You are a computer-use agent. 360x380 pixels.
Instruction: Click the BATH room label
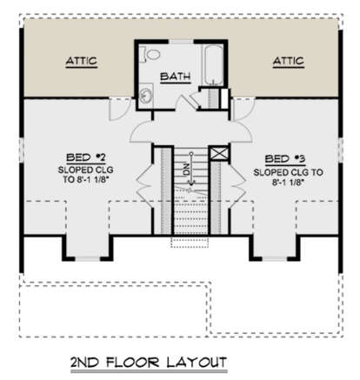[176, 77]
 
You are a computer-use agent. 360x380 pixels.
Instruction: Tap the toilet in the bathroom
[150, 54]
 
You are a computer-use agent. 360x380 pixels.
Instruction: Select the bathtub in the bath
[214, 65]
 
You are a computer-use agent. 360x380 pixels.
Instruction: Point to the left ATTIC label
[82, 61]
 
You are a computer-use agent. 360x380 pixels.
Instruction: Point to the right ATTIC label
[289, 61]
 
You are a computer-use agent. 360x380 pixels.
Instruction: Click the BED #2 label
[86, 157]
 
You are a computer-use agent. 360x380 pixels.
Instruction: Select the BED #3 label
[285, 159]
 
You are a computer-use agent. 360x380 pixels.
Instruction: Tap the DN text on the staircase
[186, 170]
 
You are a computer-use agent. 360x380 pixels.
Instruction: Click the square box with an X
[219, 154]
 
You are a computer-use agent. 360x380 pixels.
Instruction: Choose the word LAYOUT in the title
[197, 363]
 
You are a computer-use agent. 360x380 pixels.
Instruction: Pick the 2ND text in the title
[86, 363]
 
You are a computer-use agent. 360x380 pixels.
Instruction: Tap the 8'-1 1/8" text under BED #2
[86, 180]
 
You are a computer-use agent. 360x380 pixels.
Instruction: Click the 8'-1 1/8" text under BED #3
[288, 183]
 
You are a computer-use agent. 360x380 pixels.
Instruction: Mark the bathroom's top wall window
[181, 42]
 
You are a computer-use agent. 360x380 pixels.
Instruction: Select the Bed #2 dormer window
[88, 258]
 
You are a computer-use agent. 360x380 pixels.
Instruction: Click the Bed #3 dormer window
[275, 258]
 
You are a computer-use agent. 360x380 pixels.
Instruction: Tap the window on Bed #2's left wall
[21, 150]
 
